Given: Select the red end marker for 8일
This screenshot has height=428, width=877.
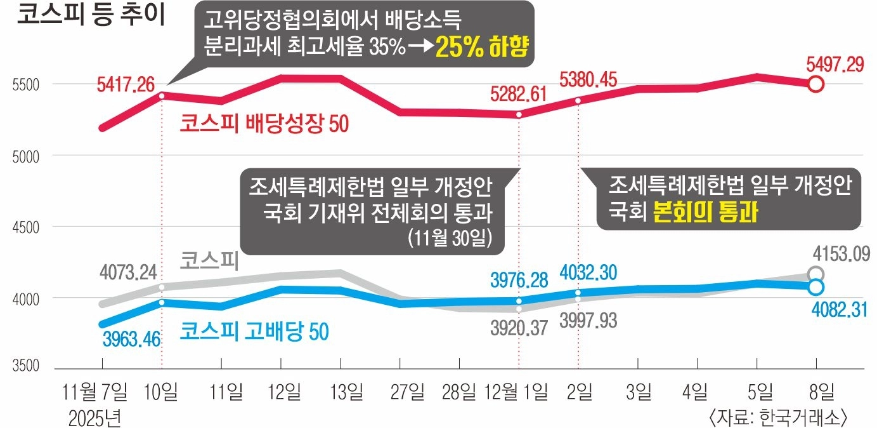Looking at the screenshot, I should [x=816, y=84].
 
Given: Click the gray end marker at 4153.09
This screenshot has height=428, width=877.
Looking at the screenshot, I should [x=816, y=274].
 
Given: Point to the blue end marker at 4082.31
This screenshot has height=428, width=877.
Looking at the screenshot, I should [x=816, y=286].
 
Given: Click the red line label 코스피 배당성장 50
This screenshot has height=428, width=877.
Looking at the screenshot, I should [x=264, y=123].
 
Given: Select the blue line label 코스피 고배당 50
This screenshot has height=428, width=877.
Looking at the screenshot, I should [x=254, y=331].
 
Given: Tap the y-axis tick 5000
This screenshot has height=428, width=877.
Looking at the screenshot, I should [x=25, y=156].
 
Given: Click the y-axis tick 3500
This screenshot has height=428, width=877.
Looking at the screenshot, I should [x=25, y=367].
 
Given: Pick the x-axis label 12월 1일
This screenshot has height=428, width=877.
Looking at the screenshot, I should [x=516, y=392].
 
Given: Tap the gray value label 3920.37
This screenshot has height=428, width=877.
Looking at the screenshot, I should [x=519, y=330].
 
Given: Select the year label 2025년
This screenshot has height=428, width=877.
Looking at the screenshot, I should [x=94, y=417].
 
